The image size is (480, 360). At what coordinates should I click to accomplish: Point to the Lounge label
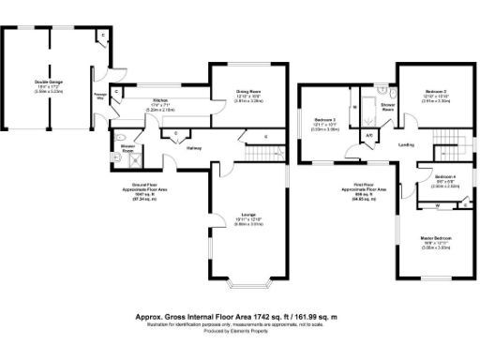point(247,215)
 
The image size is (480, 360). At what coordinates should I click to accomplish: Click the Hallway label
point(196,148)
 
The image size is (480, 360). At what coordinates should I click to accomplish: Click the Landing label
point(406,144)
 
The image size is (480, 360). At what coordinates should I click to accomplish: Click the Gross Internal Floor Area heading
point(238,317)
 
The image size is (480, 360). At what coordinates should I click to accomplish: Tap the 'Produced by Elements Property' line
point(239,333)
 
